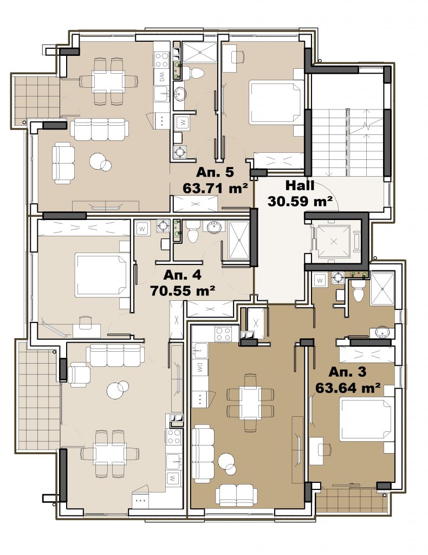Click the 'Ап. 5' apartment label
click(215, 172)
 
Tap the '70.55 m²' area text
click(183, 291)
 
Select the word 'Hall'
click(300, 185)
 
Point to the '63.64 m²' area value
click(348, 388)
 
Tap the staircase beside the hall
click(348, 143)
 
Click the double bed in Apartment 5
click(276, 102)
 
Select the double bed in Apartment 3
click(367, 420)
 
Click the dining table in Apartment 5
click(108, 81)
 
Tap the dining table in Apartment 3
click(250, 403)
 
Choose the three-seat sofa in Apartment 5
click(99, 129)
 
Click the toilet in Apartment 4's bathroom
click(193, 232)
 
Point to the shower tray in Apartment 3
click(382, 289)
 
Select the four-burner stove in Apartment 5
click(162, 60)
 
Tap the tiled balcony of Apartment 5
click(36, 97)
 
